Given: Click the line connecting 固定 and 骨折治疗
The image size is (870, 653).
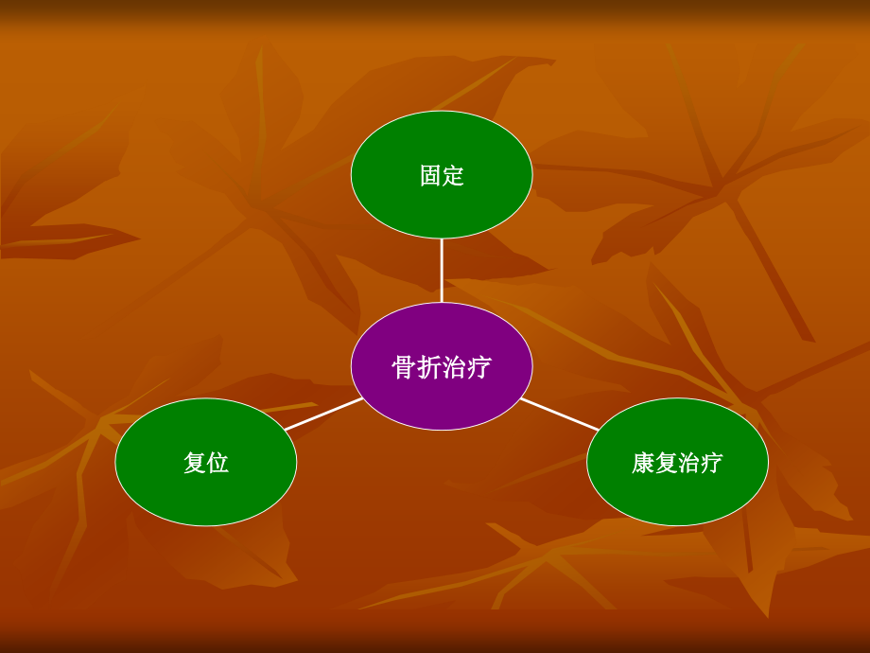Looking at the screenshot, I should pos(442,271).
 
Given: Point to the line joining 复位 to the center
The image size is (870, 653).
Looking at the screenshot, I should pos(323,414).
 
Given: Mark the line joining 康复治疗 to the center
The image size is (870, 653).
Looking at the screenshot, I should pos(559,414).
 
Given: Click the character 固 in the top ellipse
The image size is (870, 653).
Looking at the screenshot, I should pos(430,176).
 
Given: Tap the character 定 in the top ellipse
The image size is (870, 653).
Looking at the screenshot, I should pos(453,176).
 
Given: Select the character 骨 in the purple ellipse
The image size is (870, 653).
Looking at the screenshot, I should pos(404,367).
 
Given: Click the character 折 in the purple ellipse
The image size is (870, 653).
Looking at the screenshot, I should pos(428,367).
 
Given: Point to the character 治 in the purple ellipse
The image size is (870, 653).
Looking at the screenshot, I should pos(454,367).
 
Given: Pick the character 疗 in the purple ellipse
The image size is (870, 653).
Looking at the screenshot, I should pos(479,367).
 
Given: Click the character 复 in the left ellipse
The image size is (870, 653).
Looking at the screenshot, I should pos(195,463).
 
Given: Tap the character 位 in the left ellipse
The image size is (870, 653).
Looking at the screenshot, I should pos(217,463).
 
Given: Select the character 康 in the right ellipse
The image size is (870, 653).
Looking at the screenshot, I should pos(643,463).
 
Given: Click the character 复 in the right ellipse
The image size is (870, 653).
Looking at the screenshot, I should pos(666,463).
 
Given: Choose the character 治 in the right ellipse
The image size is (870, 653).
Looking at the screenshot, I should pos(688,463).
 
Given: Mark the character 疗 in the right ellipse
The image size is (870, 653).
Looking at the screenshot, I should pos(711,463).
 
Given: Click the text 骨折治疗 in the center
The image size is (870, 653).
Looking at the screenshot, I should pos(442,367).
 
